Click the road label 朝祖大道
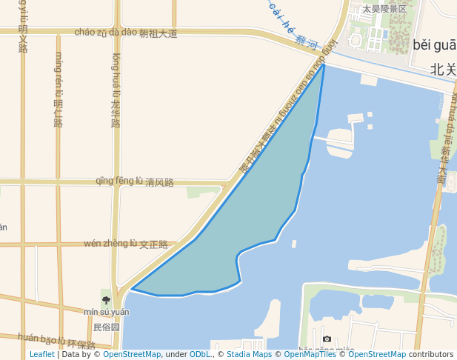tap(159, 33)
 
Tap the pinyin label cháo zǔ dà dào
tap(106, 33)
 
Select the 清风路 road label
tap(159, 182)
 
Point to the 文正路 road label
tap(153, 244)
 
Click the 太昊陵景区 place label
tap(384, 9)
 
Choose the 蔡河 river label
tap(306, 41)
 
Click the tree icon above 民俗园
tap(106, 300)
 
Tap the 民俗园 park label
tap(106, 326)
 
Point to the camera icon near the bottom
tap(327, 339)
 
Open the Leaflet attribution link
tap(41, 354)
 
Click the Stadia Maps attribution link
tap(249, 354)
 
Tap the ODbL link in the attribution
tap(200, 354)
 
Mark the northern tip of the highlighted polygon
tap(324, 65)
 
